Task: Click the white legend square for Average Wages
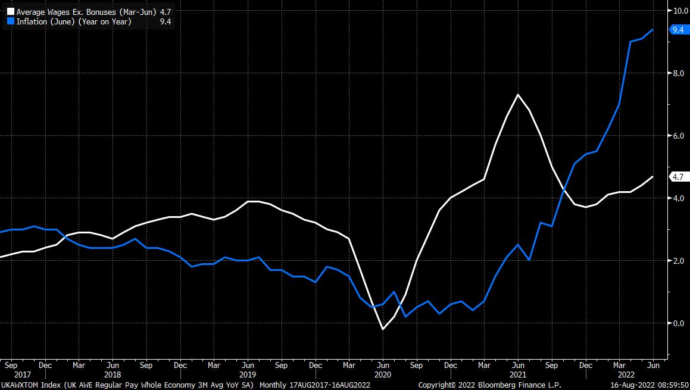tap(10, 11)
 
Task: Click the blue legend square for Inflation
tap(10, 21)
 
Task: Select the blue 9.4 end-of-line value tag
tap(677, 29)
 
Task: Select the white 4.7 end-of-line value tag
tap(677, 176)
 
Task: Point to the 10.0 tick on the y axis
tap(680, 10)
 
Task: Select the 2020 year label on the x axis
tap(383, 375)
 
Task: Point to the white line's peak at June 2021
tap(518, 95)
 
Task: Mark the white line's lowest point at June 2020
tap(383, 329)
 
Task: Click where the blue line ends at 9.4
tap(654, 29)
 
